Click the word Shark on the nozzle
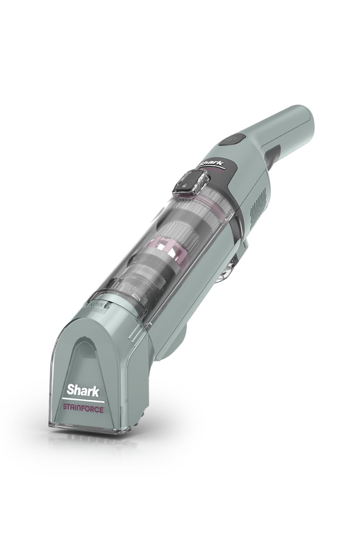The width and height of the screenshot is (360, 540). tap(83, 390)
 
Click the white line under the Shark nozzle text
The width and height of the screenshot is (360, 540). tap(83, 400)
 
